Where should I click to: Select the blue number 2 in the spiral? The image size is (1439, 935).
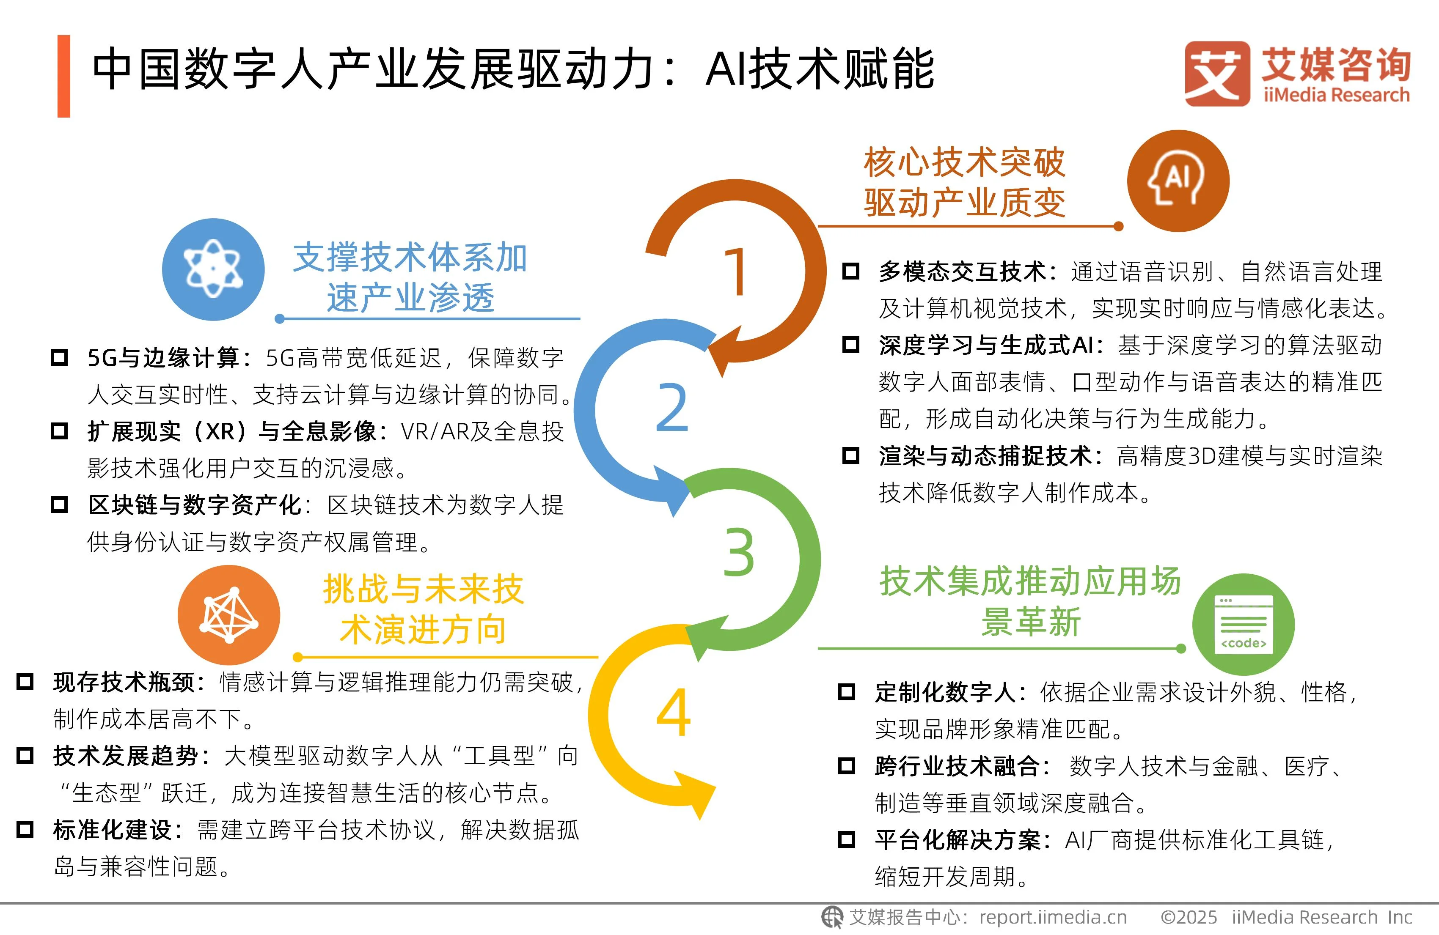point(672,408)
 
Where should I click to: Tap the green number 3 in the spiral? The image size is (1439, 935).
point(739,552)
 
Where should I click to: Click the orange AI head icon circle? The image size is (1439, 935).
point(1178,181)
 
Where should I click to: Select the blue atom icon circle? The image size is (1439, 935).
point(213,269)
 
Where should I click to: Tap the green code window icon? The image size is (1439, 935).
point(1243,624)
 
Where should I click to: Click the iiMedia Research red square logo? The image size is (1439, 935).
point(1217,73)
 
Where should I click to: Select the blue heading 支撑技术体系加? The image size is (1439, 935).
point(410,258)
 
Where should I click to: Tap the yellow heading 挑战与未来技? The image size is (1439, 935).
point(423,589)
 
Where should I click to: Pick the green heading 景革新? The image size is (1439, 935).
point(1030,622)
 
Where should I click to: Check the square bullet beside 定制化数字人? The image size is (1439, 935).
point(847,691)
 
